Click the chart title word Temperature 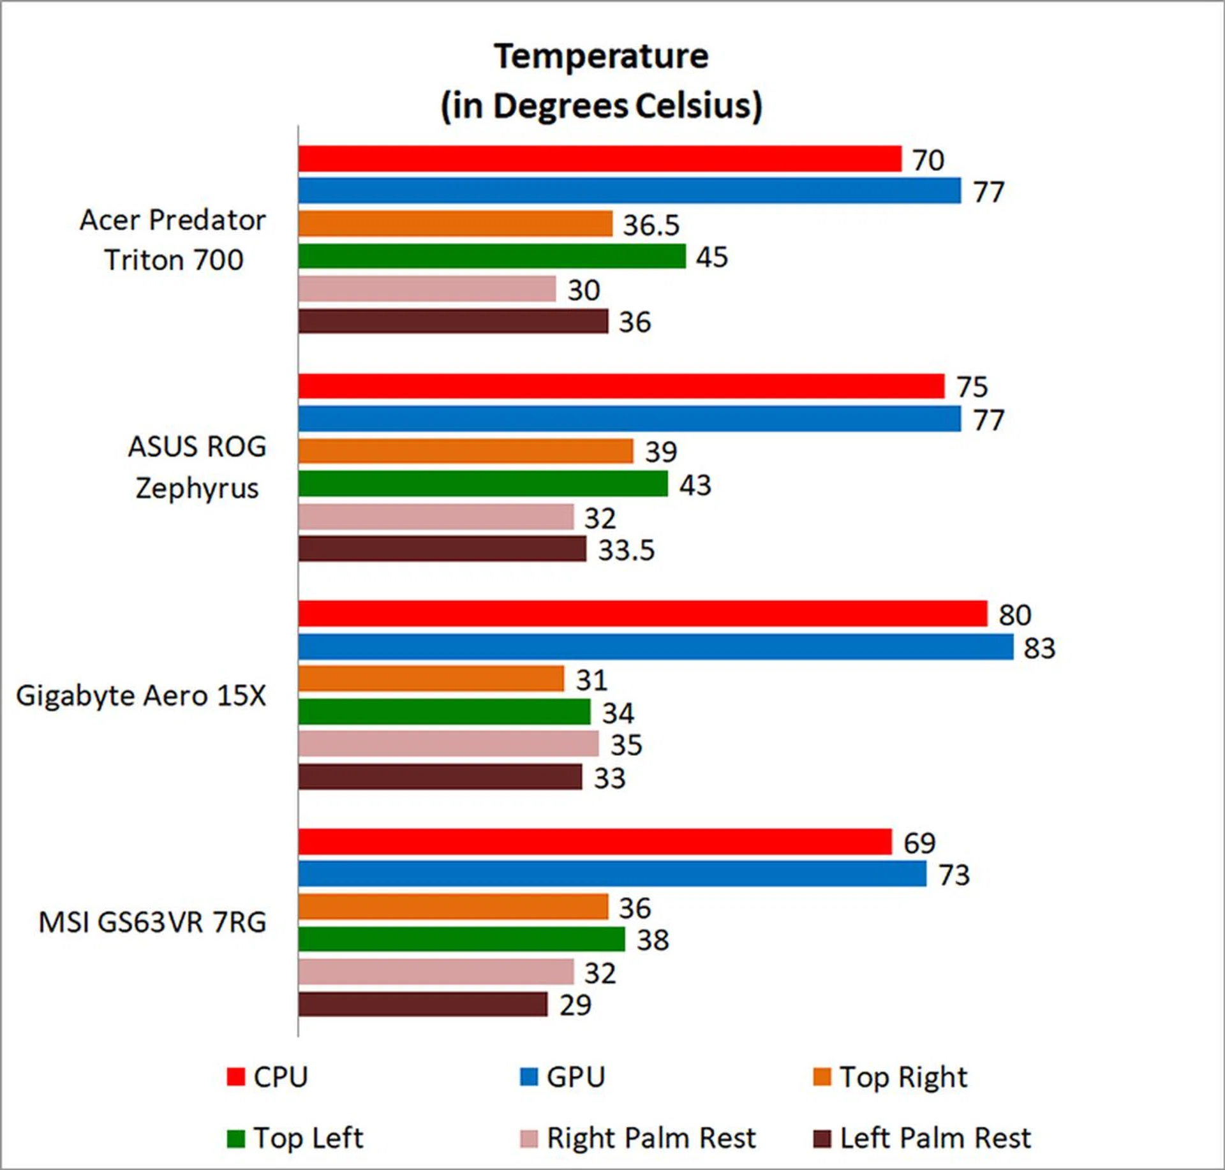click(x=601, y=56)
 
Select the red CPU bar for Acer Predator click(x=600, y=159)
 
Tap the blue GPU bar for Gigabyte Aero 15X click(x=655, y=647)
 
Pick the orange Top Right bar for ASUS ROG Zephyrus click(x=466, y=451)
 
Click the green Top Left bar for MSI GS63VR click(x=461, y=938)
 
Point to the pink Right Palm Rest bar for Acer click(x=427, y=289)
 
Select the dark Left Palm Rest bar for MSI click(x=422, y=1004)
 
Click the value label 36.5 click(x=651, y=225)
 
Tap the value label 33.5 click(x=626, y=550)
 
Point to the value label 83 click(x=1039, y=648)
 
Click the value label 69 click(x=919, y=843)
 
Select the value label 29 click(x=575, y=1005)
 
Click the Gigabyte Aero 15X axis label click(x=141, y=695)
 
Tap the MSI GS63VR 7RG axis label click(x=152, y=922)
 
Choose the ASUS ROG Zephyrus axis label click(x=197, y=467)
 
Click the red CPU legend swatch click(x=236, y=1077)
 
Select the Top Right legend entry click(x=903, y=1077)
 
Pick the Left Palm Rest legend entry click(x=935, y=1138)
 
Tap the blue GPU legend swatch click(x=529, y=1077)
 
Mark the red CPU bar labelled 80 click(x=642, y=614)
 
